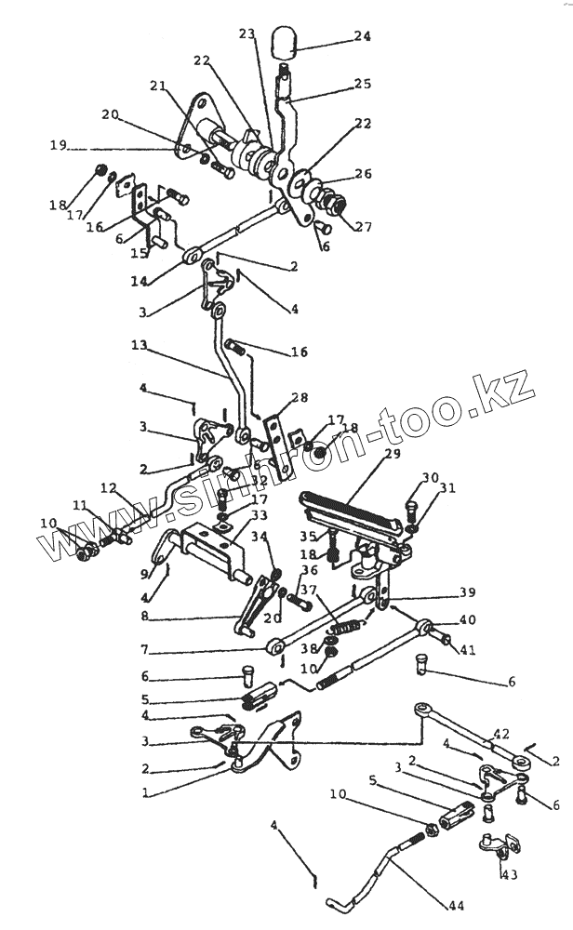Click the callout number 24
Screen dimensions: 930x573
361,37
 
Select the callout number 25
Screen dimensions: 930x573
361,85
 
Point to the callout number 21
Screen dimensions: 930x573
158,86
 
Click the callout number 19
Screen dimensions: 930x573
58,147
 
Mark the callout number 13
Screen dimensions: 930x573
140,346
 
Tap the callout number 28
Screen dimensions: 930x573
299,397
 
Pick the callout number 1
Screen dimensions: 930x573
145,793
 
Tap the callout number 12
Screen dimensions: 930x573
108,487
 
